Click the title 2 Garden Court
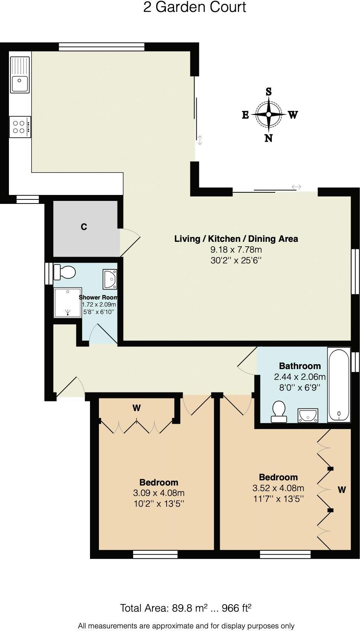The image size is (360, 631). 195,7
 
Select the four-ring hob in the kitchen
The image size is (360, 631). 20,126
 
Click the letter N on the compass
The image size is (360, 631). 269,138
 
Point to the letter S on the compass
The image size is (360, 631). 269,92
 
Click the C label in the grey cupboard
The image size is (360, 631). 84,227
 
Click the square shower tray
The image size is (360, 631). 68,302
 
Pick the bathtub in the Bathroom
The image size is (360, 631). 339,385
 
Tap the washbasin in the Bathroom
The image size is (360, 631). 308,415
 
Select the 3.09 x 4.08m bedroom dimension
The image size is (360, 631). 159,493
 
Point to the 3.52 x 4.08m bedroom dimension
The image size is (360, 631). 278,488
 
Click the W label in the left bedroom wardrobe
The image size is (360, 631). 136,408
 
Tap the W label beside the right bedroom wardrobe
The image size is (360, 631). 342,490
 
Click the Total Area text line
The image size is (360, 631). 186,608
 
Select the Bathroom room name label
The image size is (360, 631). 300,366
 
